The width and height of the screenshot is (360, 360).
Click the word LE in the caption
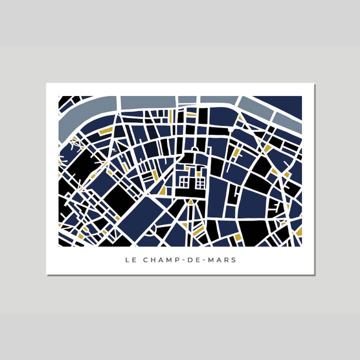pos(129,260)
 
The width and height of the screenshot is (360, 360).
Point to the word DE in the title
pos(194,260)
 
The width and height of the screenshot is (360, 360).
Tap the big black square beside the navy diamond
pos(118,199)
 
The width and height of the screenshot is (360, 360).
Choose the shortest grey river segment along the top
pos(187,99)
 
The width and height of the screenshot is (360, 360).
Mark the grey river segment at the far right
pos(287,120)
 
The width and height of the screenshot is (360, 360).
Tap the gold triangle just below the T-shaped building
pos(190,202)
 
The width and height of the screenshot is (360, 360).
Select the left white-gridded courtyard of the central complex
pos(184,182)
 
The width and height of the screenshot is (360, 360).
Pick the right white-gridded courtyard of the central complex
pos(200,183)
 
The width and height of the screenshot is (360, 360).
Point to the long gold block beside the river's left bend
pos(106,130)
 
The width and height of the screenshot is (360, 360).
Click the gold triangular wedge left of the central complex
pos(162,190)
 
